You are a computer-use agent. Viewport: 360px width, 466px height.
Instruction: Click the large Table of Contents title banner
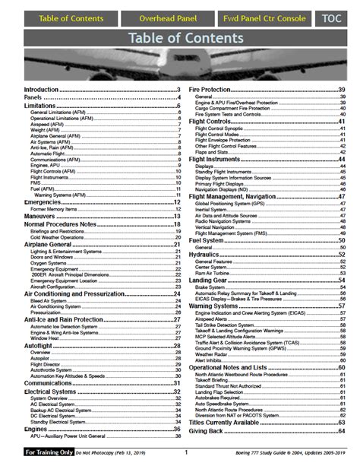point(180,37)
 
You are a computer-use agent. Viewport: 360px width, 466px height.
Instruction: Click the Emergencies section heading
point(45,202)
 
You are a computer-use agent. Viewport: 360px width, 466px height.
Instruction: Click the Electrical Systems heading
point(54,389)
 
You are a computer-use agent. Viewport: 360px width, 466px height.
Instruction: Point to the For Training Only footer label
point(50,452)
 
